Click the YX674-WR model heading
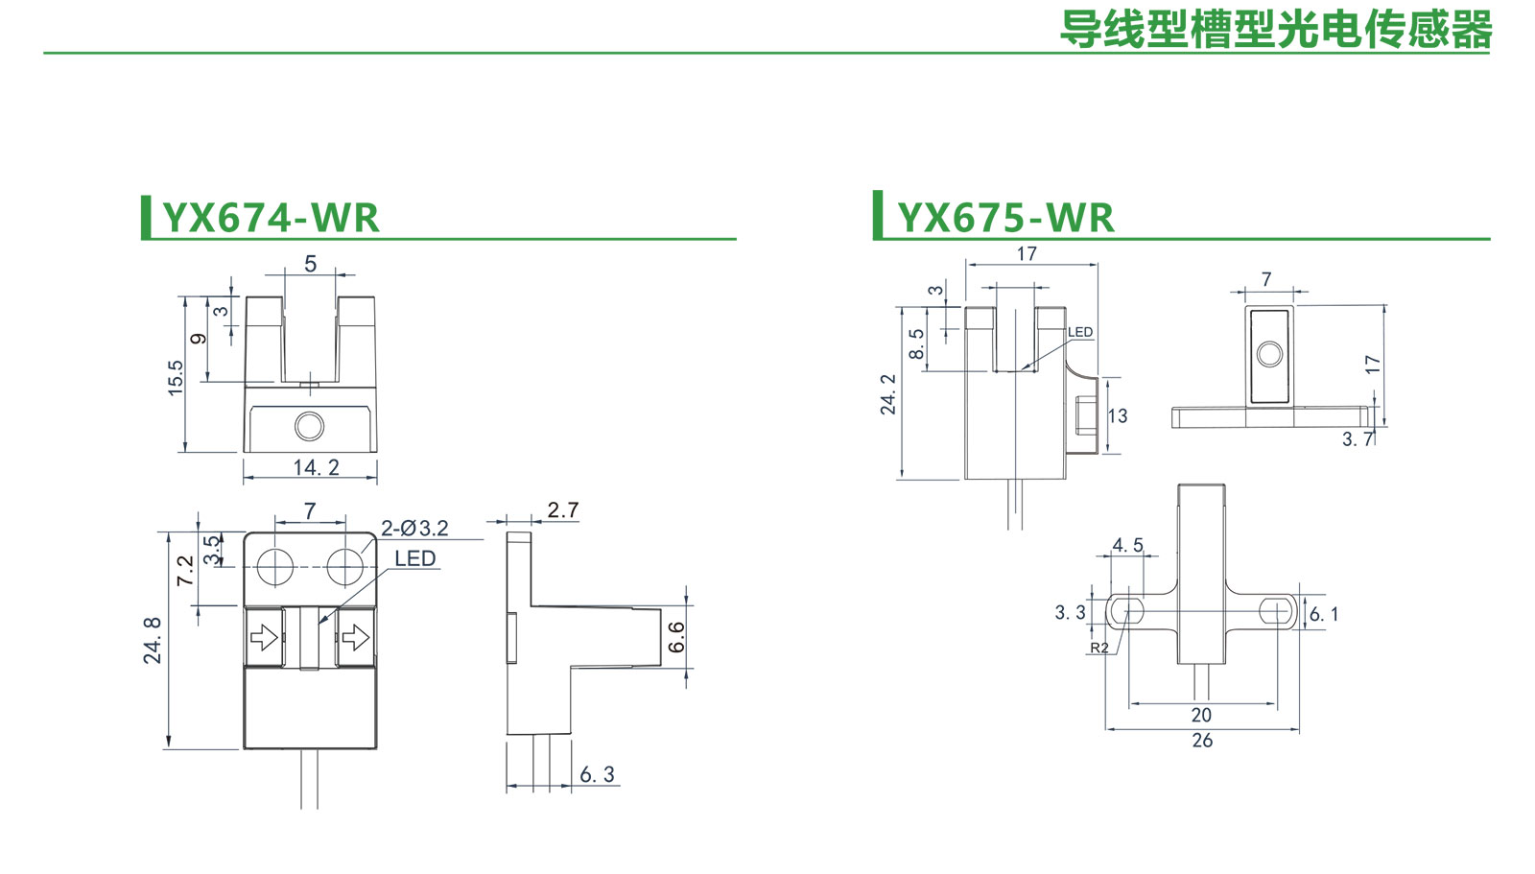pos(271,218)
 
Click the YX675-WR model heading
pos(1005,218)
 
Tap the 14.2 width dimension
pos(316,467)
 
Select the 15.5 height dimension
pos(176,378)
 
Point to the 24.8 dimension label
pos(153,640)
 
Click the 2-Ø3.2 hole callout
pos(414,528)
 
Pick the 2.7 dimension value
pos(563,509)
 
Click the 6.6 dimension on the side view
pos(676,636)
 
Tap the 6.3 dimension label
pos(597,774)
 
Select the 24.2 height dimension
pos(888,394)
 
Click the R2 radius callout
pos(1099,648)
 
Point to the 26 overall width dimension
pos(1202,740)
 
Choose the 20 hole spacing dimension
pos(1201,715)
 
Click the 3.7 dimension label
pos(1358,439)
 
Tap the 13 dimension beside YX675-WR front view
pos(1118,415)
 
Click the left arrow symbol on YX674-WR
pos(264,637)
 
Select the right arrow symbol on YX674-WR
pos(356,637)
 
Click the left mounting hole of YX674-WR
pos(275,566)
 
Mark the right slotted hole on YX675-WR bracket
pos(1275,610)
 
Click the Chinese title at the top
pos(1275,30)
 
